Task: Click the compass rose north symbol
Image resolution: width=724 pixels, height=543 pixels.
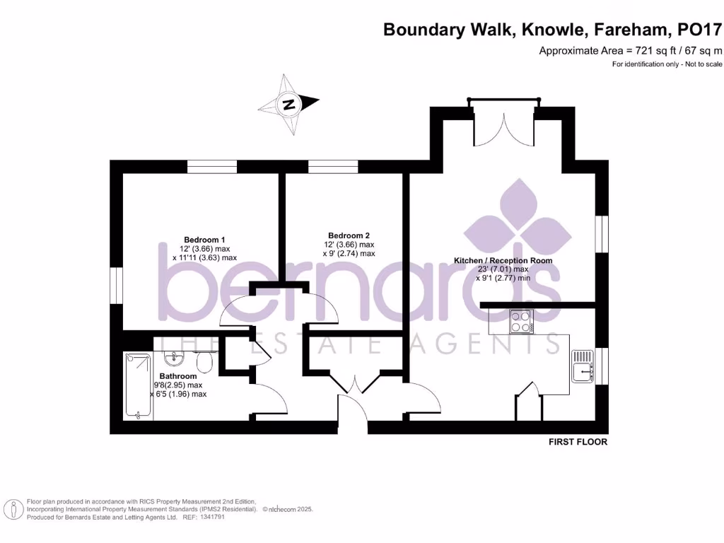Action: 288,105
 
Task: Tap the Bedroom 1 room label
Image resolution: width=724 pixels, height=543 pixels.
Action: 204,240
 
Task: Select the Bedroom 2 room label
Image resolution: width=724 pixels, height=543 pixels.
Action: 349,235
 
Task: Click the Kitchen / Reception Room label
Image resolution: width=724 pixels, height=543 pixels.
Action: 503,261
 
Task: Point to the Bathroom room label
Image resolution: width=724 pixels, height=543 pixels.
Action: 177,376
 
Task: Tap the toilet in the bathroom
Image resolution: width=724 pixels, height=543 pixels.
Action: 204,363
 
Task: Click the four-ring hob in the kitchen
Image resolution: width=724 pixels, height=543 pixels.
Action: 521,322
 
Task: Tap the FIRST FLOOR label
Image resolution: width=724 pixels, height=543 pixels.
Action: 578,442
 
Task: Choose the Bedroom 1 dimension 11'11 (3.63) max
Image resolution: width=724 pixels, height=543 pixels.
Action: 204,258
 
